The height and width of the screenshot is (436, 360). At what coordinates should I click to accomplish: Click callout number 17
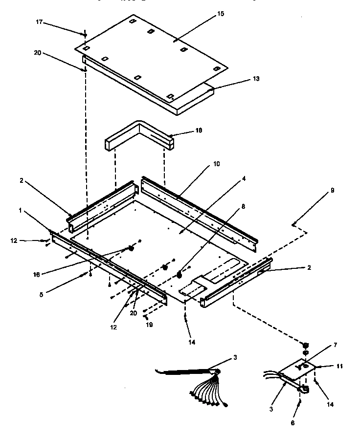point(39,22)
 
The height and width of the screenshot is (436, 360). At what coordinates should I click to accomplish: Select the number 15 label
point(221,15)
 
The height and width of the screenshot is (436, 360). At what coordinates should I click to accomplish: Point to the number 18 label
point(199,131)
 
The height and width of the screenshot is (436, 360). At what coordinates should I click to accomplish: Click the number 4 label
point(243,178)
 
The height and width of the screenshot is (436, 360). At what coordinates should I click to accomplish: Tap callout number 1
point(20,210)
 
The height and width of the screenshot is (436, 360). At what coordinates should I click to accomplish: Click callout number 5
point(41,295)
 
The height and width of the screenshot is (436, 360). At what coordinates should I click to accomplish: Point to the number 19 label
point(149,324)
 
